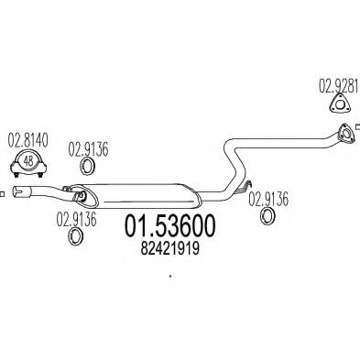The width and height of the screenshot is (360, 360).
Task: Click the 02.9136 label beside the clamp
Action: coord(91,143)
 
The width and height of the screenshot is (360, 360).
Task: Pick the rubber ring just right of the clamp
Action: coord(89,167)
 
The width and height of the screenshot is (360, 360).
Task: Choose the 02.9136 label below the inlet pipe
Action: coord(77,218)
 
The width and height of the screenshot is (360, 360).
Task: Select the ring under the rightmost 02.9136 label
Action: coord(268,216)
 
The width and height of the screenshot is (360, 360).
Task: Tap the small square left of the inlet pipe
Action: coord(4,192)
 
